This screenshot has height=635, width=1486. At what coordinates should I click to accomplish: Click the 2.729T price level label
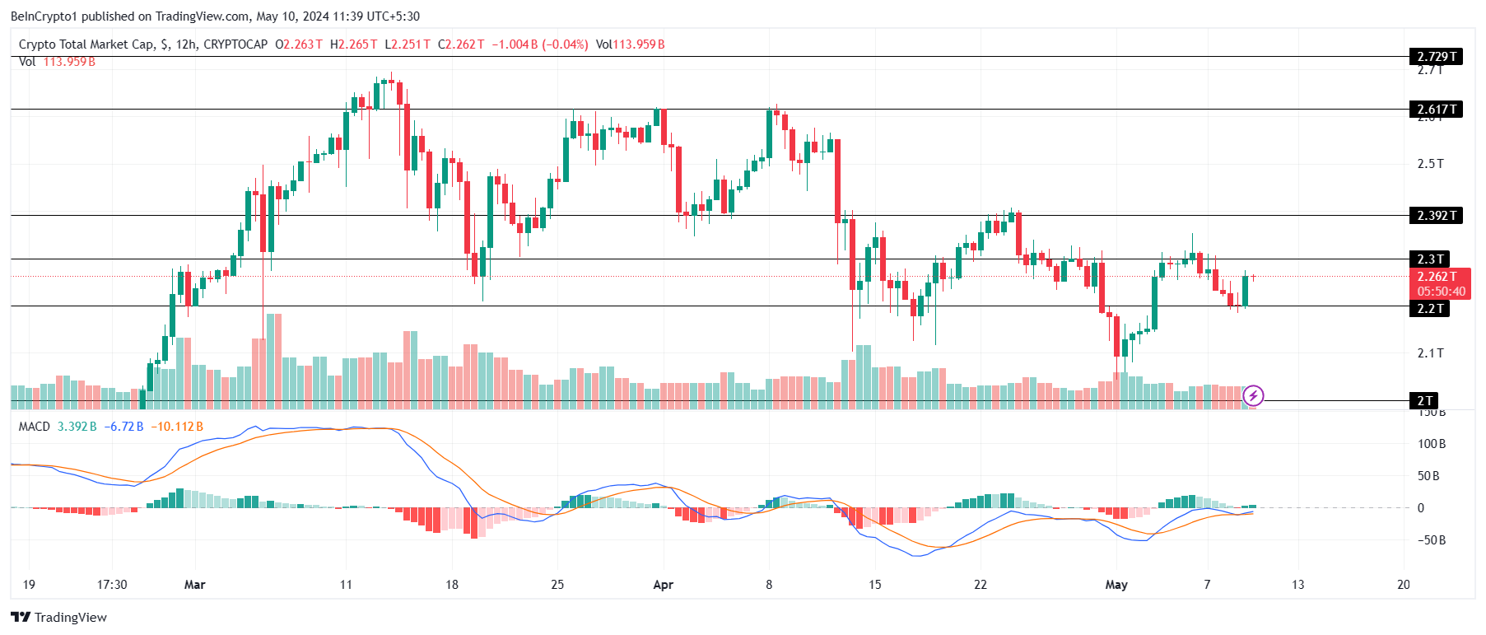tap(1436, 57)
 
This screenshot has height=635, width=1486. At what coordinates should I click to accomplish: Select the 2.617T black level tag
tap(1436, 110)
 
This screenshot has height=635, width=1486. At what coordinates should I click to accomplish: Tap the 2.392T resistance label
tap(1436, 216)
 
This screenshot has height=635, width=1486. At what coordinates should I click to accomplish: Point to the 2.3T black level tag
tap(1429, 259)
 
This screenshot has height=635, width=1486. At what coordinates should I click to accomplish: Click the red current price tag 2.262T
tap(1440, 277)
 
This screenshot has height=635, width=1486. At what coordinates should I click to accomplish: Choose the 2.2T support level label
tap(1429, 309)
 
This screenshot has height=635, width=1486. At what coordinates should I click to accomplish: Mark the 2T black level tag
tap(1424, 401)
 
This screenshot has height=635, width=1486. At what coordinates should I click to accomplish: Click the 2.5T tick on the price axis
tap(1430, 164)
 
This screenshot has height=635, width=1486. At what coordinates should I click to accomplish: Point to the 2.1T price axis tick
tap(1430, 353)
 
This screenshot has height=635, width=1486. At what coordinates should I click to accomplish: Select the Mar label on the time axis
tap(195, 585)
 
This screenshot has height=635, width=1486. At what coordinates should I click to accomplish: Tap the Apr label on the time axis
tap(663, 585)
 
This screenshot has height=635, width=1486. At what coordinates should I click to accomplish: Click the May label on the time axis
tap(1116, 585)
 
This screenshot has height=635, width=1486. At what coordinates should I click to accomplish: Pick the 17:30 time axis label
tap(112, 585)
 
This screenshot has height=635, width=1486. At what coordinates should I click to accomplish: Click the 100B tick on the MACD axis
tap(1432, 444)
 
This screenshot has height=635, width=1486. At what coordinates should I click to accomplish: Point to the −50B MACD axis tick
tap(1431, 540)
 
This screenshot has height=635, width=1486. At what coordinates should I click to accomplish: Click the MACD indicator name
tap(35, 427)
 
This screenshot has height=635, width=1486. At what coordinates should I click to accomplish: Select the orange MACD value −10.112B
tap(177, 427)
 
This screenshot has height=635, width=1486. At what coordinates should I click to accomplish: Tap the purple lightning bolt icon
tap(1253, 396)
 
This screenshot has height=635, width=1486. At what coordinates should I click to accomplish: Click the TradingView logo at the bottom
tap(59, 618)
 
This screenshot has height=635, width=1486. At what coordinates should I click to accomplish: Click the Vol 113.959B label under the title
tap(57, 62)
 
